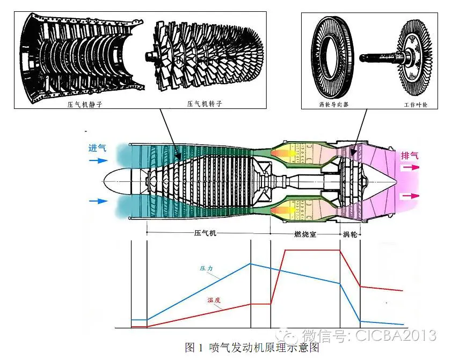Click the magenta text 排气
410,156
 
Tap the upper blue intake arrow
98,160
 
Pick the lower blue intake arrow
98,201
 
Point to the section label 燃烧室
305,234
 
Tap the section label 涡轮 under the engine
351,234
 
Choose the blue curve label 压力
206,267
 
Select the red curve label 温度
214,300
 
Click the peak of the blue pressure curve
251,263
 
